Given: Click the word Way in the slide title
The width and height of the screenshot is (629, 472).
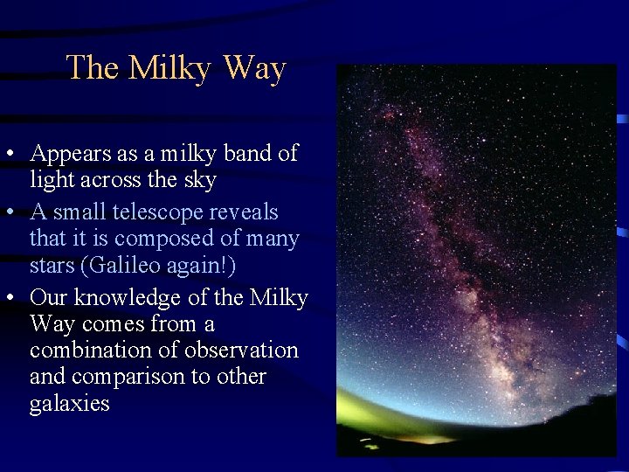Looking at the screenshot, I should (254, 68).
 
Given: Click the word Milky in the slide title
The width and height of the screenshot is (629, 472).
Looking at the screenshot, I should (171, 68).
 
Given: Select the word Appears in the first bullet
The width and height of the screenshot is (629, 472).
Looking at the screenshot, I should (72, 154).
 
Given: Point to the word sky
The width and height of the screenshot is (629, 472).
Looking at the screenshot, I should (199, 180).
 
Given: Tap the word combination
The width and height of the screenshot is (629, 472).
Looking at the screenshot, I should (93, 351).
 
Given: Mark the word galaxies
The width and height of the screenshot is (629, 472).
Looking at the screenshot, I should (70, 404).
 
